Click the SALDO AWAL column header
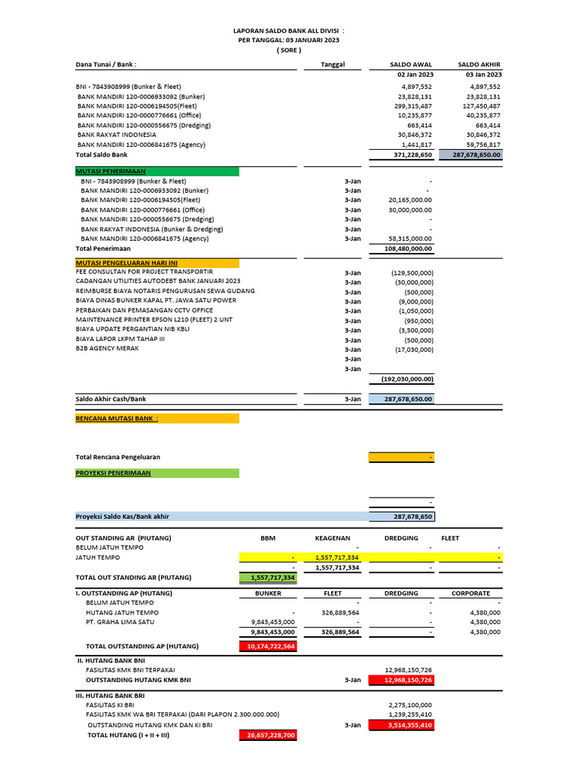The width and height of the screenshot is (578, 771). [411, 65]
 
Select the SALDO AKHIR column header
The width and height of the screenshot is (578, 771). [479, 65]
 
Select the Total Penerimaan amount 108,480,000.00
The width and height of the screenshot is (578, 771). [407, 248]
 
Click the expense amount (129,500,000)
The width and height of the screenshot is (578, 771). [412, 273]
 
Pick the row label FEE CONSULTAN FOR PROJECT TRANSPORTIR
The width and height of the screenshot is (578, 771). [144, 272]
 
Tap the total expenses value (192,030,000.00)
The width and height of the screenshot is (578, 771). [407, 379]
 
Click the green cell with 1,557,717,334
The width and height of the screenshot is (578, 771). [268, 577]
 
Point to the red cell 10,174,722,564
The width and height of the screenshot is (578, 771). [268, 646]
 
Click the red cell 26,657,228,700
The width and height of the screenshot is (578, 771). [268, 735]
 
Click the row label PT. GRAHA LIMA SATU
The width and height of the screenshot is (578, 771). [120, 622]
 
